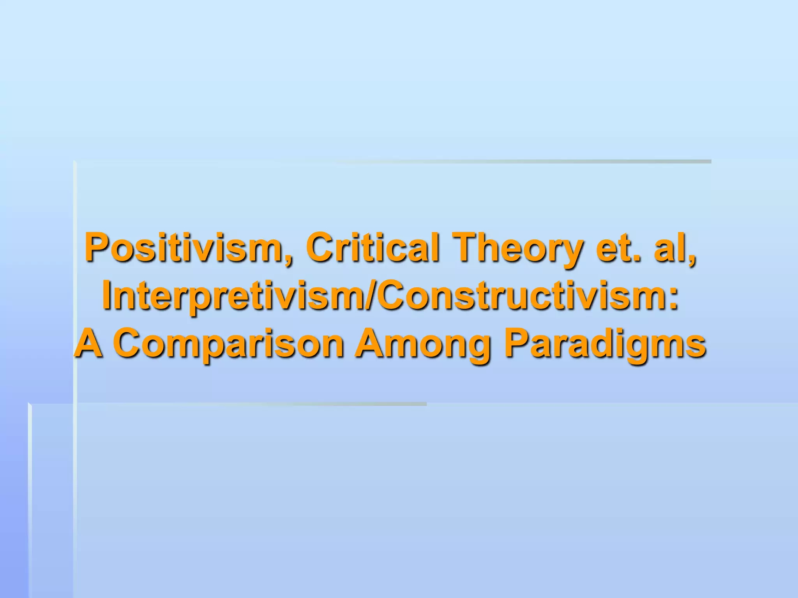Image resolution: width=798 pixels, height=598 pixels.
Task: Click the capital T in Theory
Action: tap(467, 248)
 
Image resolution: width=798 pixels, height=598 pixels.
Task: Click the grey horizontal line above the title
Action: tap(507, 162)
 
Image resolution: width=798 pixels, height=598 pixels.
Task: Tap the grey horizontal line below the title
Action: tap(273, 404)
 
